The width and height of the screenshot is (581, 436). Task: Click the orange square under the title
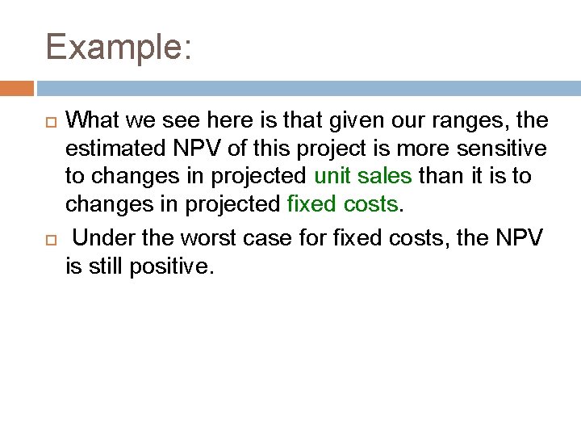coord(16,88)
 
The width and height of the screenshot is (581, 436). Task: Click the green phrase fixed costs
coord(343,204)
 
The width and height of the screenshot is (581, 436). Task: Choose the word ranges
coord(465,122)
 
